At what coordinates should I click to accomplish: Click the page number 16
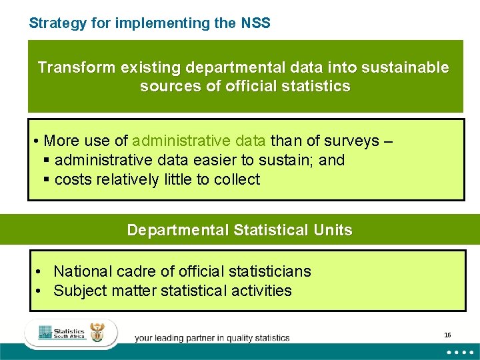tap(447, 335)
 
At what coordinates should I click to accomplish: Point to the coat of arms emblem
tap(97, 332)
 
